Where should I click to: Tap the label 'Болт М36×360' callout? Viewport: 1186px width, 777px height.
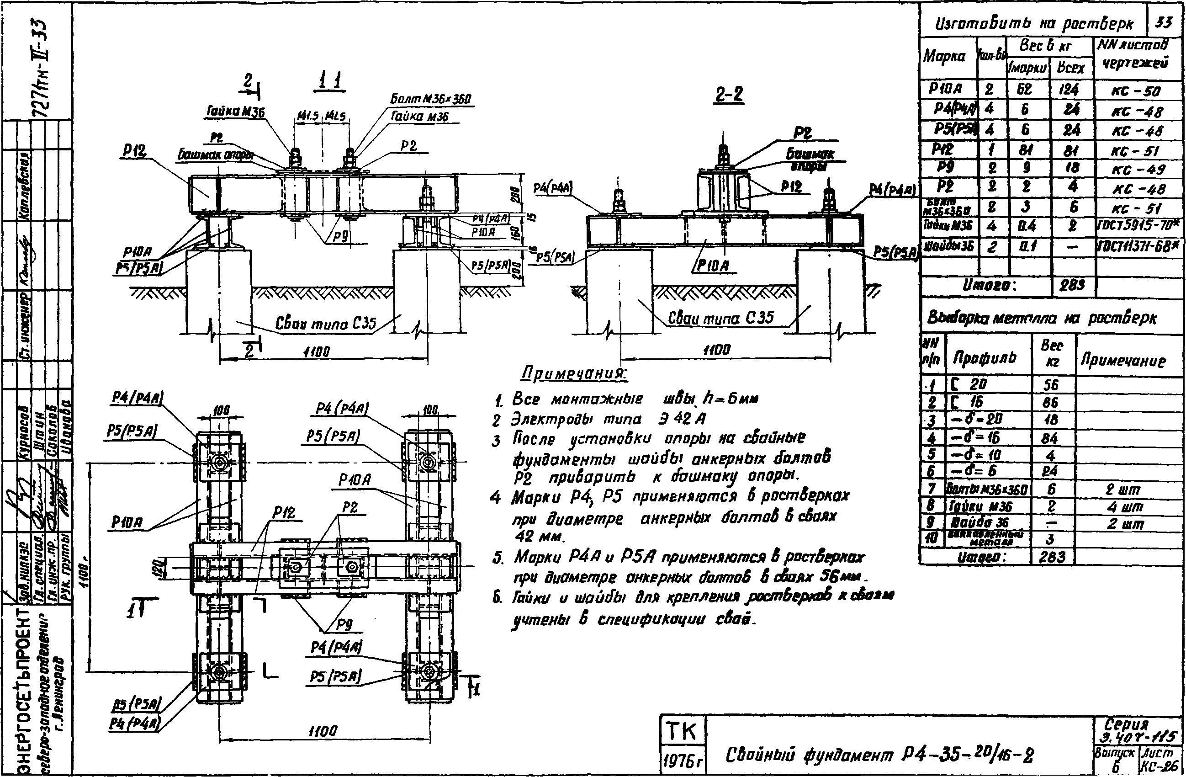(x=430, y=99)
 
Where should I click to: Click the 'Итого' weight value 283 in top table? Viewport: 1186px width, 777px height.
(x=1072, y=285)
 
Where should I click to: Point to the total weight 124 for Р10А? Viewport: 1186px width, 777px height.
(x=1069, y=90)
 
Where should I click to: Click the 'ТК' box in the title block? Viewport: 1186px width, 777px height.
(x=682, y=732)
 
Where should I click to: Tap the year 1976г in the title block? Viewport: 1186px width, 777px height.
(x=682, y=761)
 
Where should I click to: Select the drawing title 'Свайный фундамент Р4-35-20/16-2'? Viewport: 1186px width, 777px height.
(x=879, y=755)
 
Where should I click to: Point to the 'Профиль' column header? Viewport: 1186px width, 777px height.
(x=984, y=357)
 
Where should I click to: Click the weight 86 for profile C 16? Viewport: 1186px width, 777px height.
(x=1050, y=402)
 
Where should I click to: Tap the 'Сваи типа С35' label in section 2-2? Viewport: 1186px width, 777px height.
(x=720, y=318)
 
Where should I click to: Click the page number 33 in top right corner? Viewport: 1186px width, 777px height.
(x=1164, y=22)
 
